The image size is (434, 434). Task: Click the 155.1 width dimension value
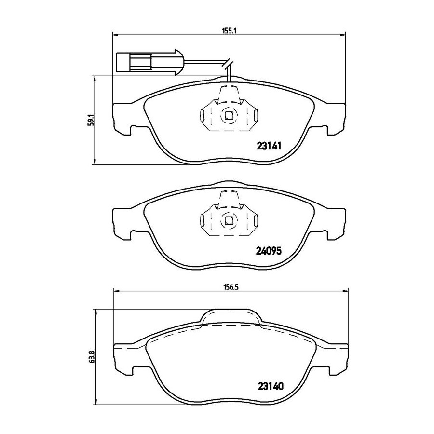229,31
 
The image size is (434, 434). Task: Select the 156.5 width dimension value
231,287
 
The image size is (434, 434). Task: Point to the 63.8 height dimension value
92,356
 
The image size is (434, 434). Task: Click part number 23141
269,146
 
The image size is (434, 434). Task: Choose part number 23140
271,386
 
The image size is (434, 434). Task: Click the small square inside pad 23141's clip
229,115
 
